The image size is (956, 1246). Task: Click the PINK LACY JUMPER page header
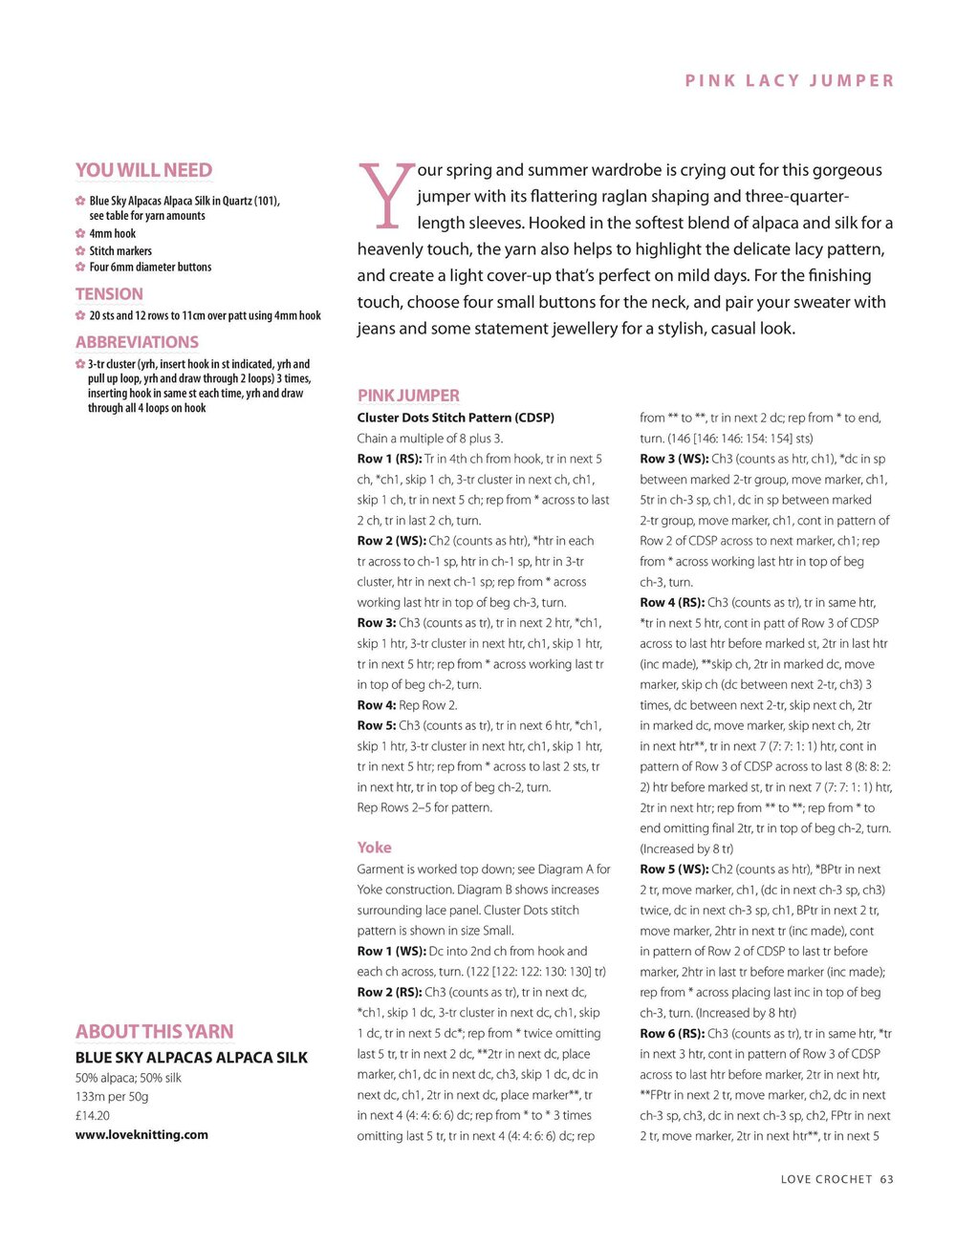790,81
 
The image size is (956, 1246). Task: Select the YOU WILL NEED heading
143,170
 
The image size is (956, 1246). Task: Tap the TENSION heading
109,294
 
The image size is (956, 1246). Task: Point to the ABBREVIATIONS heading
137,342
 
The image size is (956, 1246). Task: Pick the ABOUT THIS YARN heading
154,1031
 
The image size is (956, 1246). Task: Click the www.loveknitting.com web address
141,1134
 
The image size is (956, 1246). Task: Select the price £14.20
93,1115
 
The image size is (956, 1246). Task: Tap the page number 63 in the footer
887,1179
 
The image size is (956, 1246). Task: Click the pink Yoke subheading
374,848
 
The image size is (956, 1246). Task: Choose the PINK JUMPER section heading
408,396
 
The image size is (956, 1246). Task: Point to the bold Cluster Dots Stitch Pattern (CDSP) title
455,418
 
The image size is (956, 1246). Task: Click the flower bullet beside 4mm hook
80,234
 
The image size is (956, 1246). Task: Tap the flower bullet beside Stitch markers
80,251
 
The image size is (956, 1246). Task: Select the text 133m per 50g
112,1096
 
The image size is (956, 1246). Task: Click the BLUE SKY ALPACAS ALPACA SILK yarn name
191,1058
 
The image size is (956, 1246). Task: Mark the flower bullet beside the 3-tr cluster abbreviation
80,364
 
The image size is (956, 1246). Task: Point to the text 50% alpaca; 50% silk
128,1078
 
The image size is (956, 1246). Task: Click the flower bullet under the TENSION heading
80,315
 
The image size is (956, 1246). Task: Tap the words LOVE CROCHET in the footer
826,1179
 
